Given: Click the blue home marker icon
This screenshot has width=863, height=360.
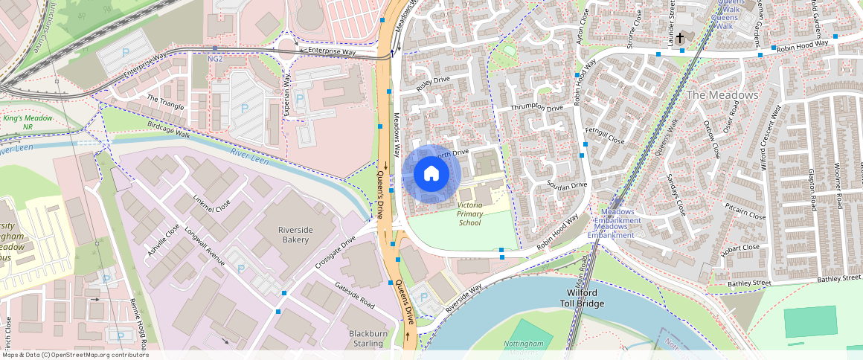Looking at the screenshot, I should [x=431, y=174].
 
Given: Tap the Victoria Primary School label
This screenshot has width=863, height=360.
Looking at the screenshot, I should [x=469, y=213].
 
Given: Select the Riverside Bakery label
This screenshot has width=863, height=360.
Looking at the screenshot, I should [x=303, y=234].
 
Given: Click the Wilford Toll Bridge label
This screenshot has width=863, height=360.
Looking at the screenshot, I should [x=582, y=298].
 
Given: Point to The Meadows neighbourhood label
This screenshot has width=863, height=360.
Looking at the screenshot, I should [x=722, y=95].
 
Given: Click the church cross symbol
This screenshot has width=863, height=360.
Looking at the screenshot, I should [x=680, y=37].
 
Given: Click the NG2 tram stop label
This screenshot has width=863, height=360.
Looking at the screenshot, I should [x=215, y=59].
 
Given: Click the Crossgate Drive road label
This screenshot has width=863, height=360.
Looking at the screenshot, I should [x=336, y=253].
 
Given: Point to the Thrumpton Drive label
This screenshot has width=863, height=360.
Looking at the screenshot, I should [x=536, y=108].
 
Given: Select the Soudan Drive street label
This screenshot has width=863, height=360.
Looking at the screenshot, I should [x=567, y=184].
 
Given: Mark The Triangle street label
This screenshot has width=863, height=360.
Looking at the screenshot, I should [x=165, y=103].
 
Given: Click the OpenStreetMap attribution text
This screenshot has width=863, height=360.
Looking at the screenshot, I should [x=74, y=355].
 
